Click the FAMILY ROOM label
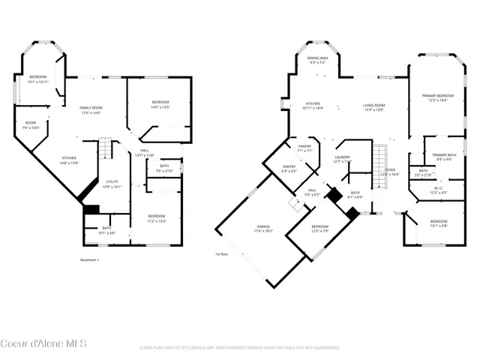click(x=91, y=108)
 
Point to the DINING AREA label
click(x=318, y=58)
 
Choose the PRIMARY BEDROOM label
click(x=437, y=96)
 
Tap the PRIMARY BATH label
click(x=439, y=154)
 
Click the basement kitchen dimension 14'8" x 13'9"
click(x=69, y=163)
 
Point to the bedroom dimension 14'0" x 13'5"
click(x=160, y=107)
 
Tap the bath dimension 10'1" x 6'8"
click(x=106, y=232)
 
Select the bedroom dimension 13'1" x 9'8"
click(x=439, y=226)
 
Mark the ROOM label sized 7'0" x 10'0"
click(x=31, y=127)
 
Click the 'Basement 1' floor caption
click(x=89, y=260)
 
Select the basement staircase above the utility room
click(x=106, y=148)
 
